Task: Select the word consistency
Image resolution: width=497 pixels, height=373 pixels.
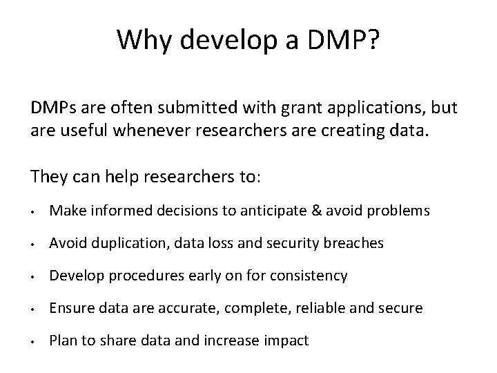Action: pos(310,276)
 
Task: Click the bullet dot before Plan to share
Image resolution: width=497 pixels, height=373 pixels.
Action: pos(33,341)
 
